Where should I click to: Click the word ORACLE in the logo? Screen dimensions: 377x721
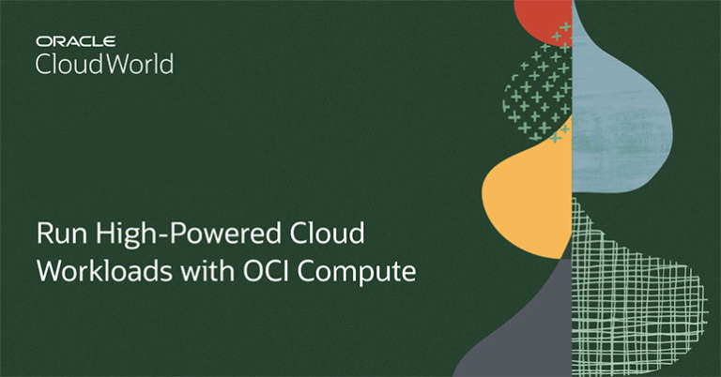[75, 42]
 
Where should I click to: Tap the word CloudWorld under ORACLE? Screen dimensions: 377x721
[104, 64]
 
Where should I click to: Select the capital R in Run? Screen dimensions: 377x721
[43, 234]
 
